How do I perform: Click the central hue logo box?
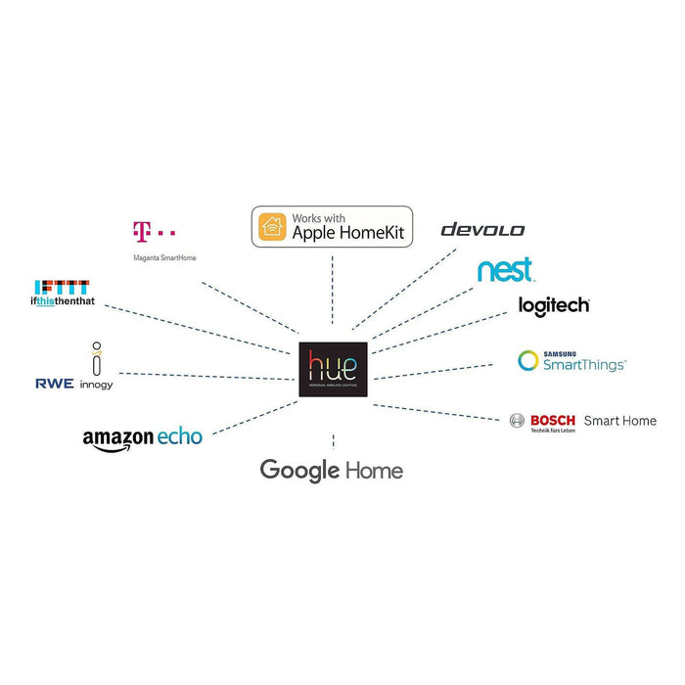click(334, 370)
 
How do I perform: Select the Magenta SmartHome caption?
click(157, 259)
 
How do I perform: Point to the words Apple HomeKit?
click(347, 234)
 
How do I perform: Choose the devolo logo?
click(482, 230)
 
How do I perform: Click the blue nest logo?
click(505, 269)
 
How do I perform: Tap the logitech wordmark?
click(554, 306)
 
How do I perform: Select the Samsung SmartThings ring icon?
click(528, 361)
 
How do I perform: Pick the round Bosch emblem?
click(518, 421)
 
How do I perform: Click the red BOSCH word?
click(553, 420)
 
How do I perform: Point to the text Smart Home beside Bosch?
click(619, 421)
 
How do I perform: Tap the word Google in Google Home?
click(298, 471)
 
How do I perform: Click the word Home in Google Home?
click(373, 471)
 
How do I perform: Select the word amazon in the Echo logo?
click(118, 438)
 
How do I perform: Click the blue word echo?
click(180, 436)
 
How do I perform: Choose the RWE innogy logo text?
click(73, 384)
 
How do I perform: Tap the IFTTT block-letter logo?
click(62, 286)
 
